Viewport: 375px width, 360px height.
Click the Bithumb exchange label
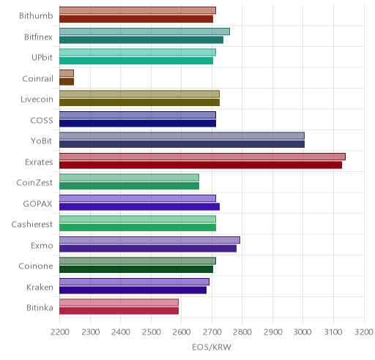point(36,16)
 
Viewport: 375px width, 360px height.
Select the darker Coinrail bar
point(67,82)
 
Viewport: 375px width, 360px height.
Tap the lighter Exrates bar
point(202,157)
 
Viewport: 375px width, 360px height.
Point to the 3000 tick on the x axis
point(302,332)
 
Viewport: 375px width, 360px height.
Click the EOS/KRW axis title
point(212,347)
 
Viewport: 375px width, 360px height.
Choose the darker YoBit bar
point(182,144)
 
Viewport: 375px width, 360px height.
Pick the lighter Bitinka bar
point(119,302)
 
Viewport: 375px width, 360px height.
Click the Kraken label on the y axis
point(40,288)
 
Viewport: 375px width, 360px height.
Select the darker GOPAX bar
point(139,206)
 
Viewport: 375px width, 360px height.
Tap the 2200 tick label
point(60,332)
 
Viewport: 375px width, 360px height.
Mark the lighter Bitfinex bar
point(144,31)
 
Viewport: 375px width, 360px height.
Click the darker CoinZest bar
point(129,186)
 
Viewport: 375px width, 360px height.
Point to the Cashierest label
point(32,225)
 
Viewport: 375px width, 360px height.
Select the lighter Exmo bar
point(149,240)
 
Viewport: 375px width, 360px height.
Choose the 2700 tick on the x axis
point(212,332)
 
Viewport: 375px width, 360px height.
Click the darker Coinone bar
point(136,269)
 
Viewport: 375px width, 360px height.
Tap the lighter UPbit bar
point(138,52)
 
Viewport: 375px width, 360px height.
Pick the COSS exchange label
point(42,121)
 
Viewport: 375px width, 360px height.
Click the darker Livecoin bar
point(139,102)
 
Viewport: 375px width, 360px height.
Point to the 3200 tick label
point(364,332)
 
